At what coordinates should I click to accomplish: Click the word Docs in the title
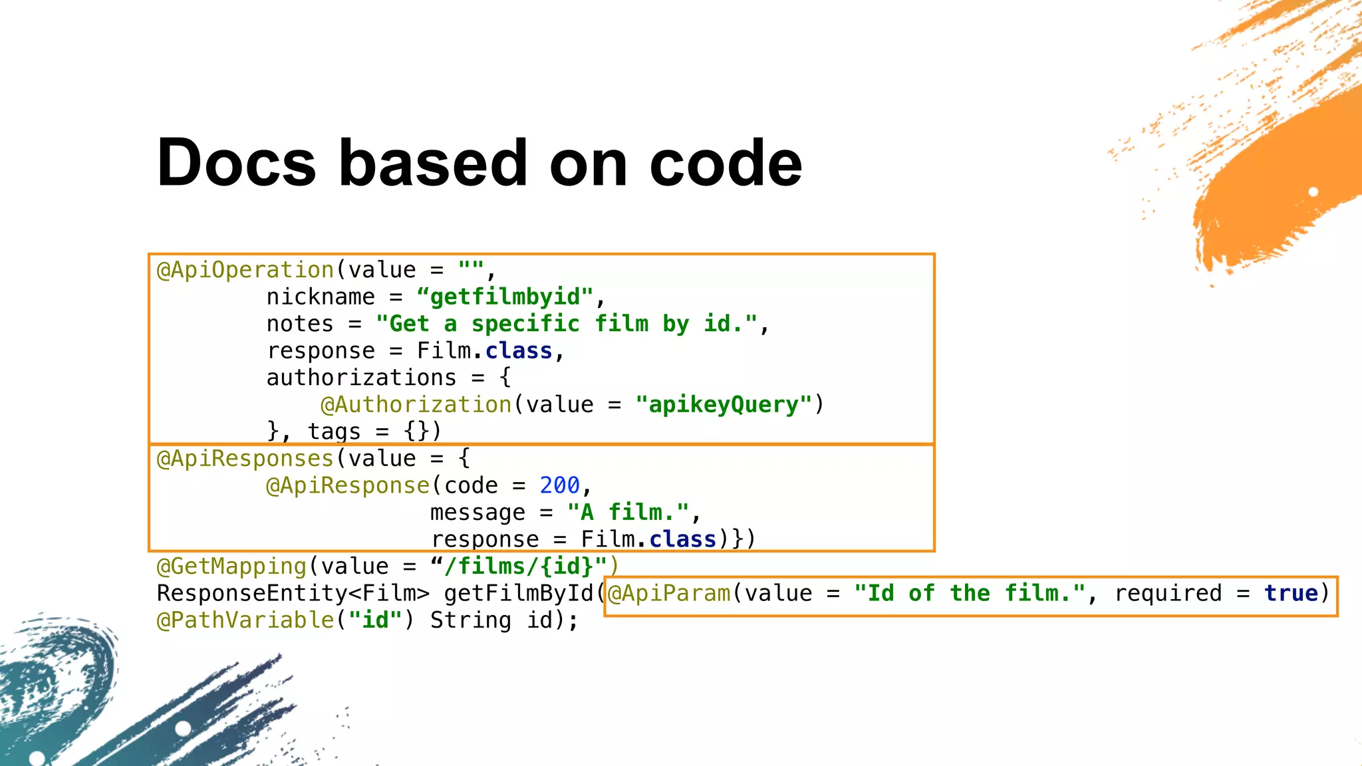tap(236, 163)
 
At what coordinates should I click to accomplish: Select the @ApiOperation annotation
tap(245, 270)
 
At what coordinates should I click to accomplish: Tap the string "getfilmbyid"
tap(505, 297)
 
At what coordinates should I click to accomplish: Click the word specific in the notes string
tap(525, 324)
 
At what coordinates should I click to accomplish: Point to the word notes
tap(300, 324)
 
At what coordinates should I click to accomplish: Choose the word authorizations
tap(361, 378)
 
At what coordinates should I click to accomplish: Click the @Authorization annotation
tap(416, 404)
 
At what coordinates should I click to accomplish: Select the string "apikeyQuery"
tap(724, 404)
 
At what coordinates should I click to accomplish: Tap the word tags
tap(334, 432)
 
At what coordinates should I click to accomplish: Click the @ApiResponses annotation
tap(245, 459)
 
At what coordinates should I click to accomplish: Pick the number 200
tap(559, 485)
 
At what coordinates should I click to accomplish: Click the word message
tap(477, 513)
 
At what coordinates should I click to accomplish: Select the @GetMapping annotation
tap(231, 567)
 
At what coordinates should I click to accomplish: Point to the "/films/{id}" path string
tap(519, 567)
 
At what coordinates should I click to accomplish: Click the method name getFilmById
tap(519, 593)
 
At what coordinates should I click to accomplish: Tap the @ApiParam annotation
tap(669, 593)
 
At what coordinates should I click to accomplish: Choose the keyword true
tap(1291, 593)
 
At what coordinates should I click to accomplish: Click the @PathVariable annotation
tap(245, 620)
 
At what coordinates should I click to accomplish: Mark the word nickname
tap(321, 297)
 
